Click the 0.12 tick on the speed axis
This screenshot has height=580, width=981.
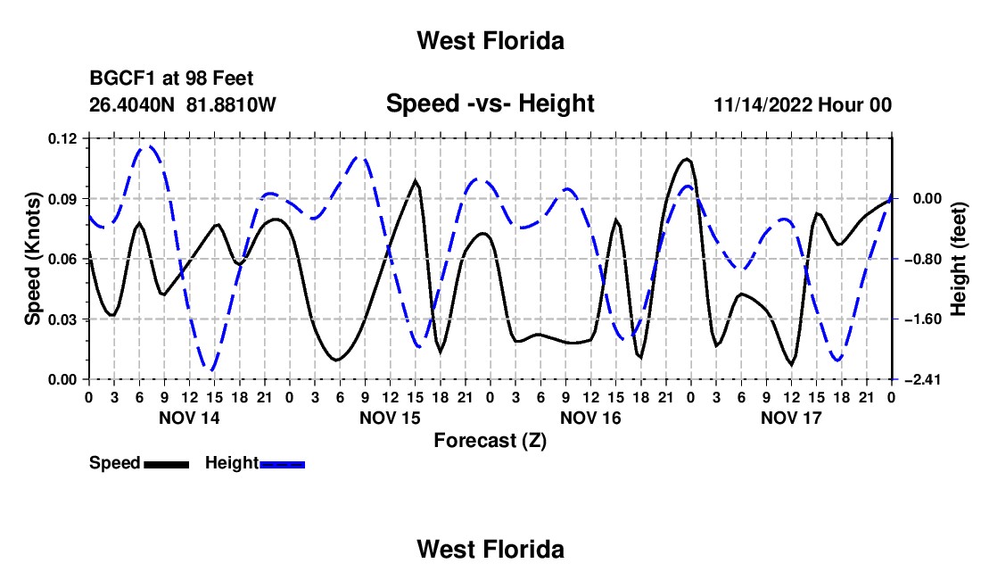point(62,139)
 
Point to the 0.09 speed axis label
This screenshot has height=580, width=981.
point(62,199)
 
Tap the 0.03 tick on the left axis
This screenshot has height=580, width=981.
point(62,319)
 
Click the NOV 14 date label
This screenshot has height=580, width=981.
point(190,418)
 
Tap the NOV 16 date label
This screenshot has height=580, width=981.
point(590,418)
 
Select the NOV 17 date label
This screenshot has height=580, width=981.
point(791,418)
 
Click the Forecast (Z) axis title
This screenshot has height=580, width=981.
point(490,441)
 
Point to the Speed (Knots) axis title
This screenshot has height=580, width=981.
point(32,259)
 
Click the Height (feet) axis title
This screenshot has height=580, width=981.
point(959,259)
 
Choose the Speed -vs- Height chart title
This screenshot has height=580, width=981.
point(490,104)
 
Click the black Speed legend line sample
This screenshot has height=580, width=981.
point(167,464)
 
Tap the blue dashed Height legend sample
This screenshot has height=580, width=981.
point(282,464)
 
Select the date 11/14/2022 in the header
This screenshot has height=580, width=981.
point(763,104)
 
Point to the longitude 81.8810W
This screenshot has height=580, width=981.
point(231,104)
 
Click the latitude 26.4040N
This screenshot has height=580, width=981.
point(132,104)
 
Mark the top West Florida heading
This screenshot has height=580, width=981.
point(490,41)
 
